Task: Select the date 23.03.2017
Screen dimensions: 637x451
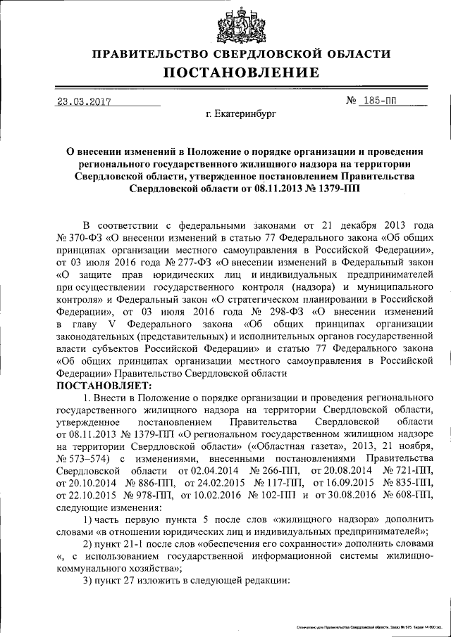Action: (85, 101)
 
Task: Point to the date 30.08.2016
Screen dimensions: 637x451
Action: (342, 494)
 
